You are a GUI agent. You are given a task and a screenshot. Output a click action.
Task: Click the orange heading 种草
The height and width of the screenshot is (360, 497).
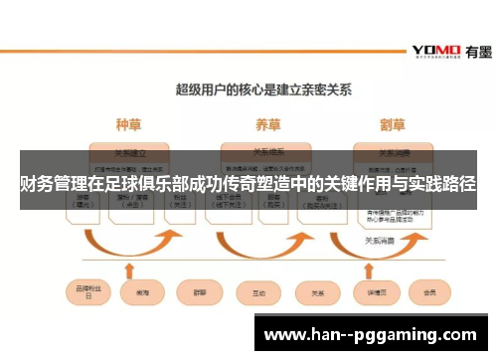point(129,125)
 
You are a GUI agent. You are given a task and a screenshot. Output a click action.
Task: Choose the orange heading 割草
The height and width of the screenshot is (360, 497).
point(392,125)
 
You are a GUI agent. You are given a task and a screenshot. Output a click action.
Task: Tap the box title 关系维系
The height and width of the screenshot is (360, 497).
point(263,153)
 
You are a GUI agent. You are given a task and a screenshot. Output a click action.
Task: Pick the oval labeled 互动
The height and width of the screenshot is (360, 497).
point(258,293)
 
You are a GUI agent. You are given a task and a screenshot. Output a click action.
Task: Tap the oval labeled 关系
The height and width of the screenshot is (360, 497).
point(318,293)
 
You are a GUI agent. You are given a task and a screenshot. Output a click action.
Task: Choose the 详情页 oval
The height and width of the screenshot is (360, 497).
point(377,293)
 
